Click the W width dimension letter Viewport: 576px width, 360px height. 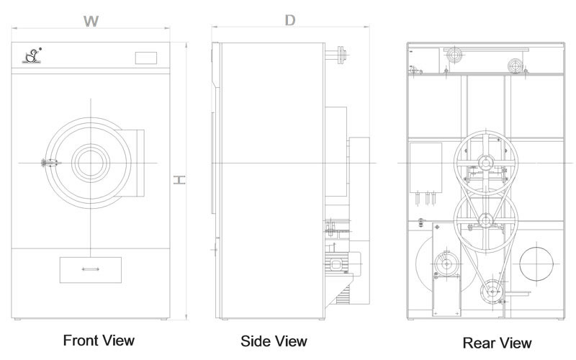click(91, 22)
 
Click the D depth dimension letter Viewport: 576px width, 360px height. click(290, 20)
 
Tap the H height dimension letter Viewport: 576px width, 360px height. click(179, 179)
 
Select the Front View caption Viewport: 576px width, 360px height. click(99, 341)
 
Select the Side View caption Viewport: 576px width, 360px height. click(274, 341)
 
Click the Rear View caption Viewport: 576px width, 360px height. click(497, 343)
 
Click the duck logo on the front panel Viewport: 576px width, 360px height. click(32, 56)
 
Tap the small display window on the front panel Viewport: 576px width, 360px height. click(146, 58)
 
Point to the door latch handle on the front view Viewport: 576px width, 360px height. click(50, 163)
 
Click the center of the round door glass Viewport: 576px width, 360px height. click(91, 163)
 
